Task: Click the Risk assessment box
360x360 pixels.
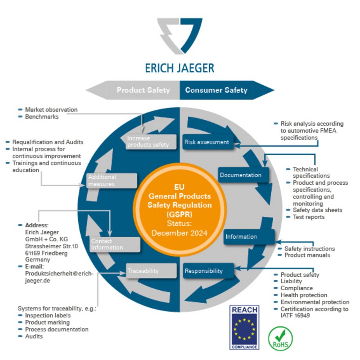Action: coord(207,142)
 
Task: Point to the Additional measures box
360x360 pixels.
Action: coord(112,180)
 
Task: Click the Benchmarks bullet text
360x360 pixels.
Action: coord(42,117)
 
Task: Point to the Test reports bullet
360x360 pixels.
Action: coord(308,217)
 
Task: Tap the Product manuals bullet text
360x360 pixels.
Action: coord(307,255)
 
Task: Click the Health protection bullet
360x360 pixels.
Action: coord(304,295)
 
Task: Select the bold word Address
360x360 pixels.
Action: coord(36,225)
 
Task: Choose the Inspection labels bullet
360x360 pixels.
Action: coord(48,315)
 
